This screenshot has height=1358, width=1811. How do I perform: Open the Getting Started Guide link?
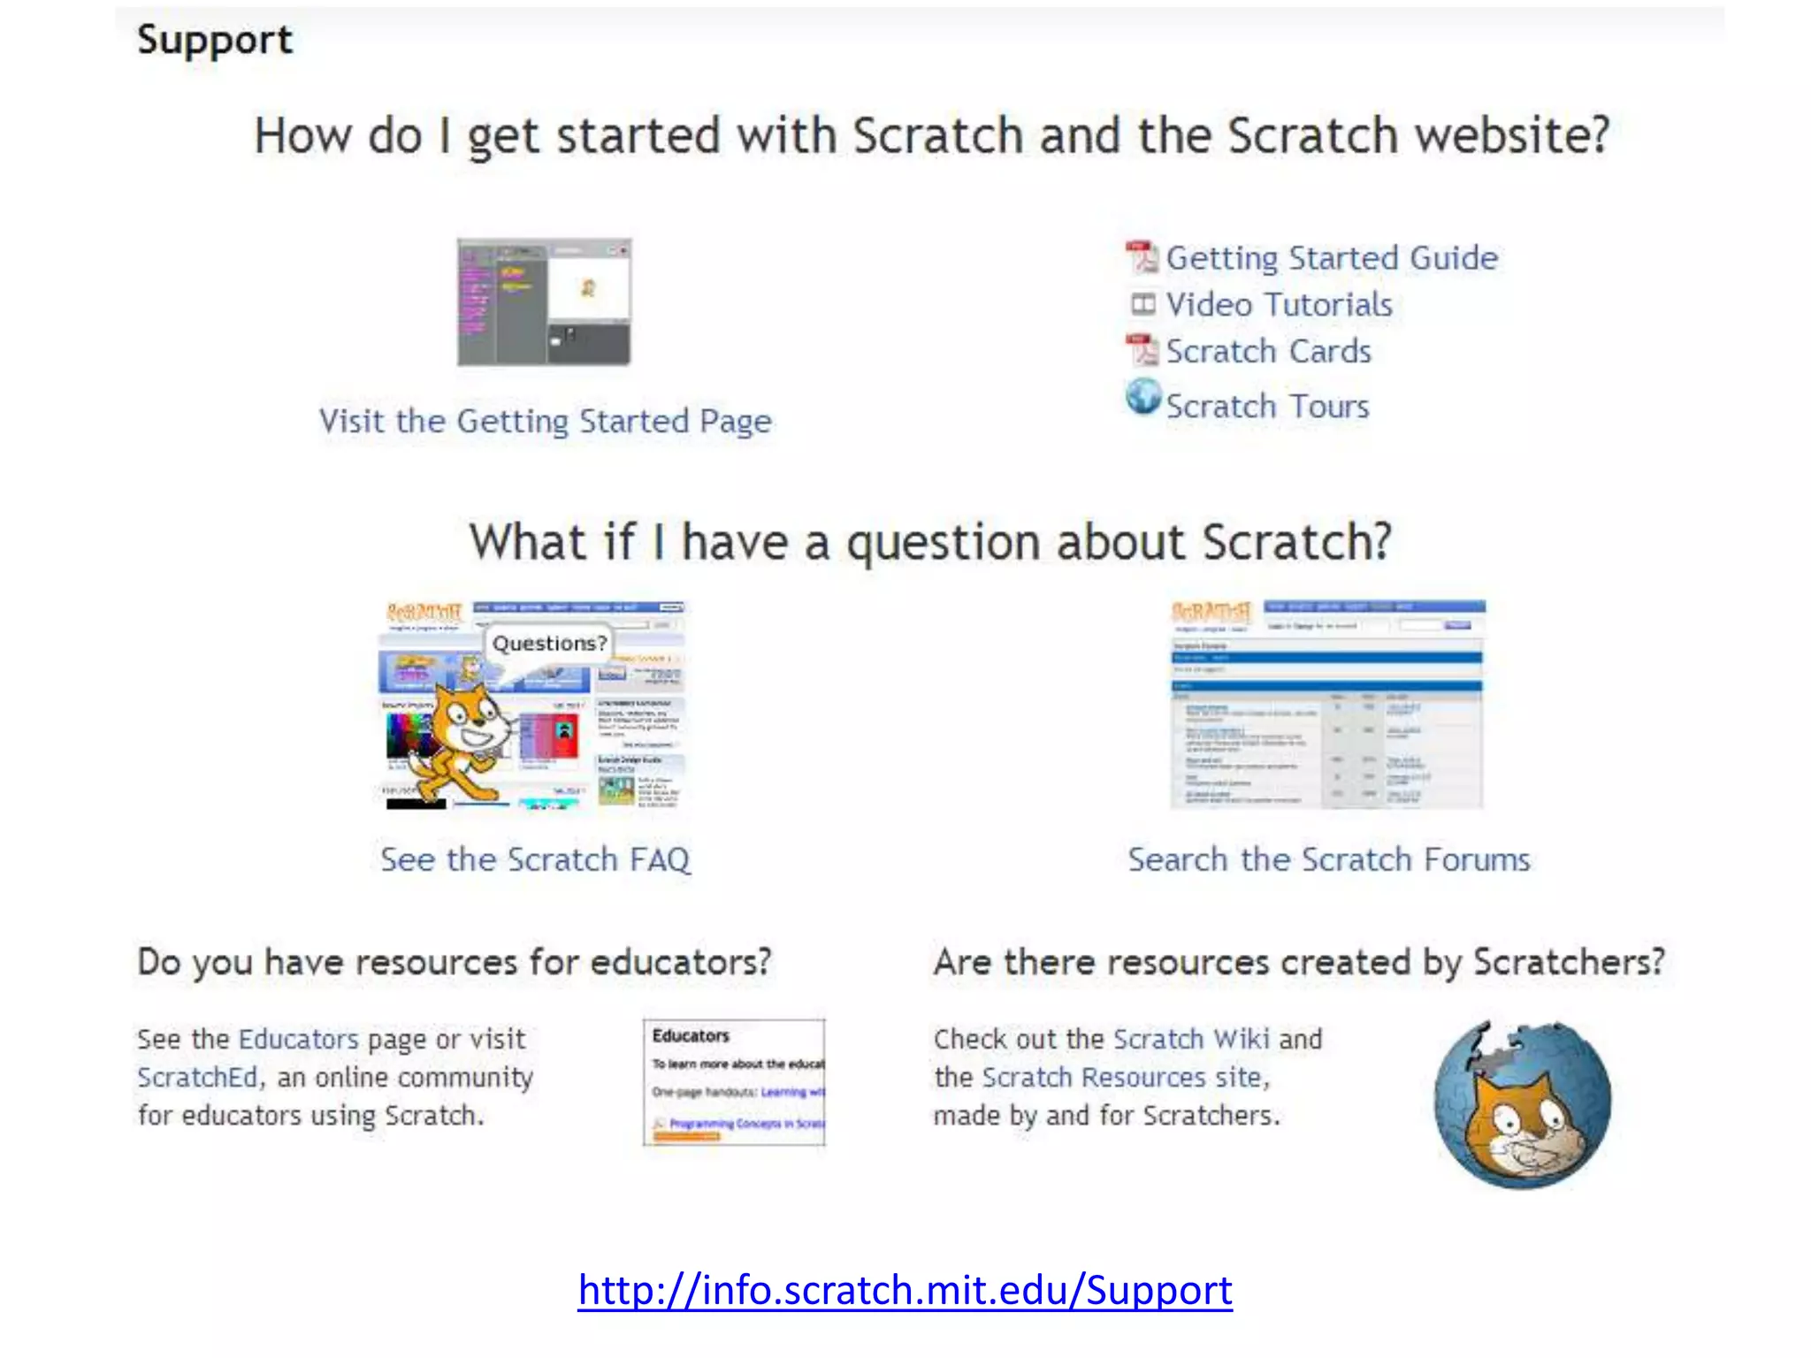[1331, 258]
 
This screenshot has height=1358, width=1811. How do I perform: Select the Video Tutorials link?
[1279, 305]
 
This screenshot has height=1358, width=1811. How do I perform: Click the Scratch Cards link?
[1268, 352]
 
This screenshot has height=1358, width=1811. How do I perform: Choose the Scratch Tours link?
[1267, 407]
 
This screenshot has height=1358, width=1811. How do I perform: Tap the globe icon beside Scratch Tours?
[1142, 397]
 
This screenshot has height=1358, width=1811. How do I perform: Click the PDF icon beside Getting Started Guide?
[1141, 256]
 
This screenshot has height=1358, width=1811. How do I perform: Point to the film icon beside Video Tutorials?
[1142, 305]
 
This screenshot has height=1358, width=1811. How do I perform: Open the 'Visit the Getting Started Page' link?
[545, 422]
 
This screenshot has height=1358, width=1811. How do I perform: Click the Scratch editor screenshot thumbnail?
[544, 301]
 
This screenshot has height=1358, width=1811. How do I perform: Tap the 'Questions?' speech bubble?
[549, 644]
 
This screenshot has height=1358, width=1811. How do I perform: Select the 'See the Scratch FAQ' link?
[535, 859]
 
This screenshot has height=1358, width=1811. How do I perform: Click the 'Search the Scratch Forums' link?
[1328, 859]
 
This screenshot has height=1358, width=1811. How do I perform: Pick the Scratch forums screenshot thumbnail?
[1327, 705]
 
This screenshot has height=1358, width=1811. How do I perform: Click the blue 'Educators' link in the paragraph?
[298, 1039]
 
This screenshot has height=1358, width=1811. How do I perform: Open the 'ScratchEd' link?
[196, 1078]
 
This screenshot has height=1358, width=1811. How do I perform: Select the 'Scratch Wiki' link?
[1191, 1039]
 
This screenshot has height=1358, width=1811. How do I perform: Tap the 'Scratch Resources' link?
[1094, 1078]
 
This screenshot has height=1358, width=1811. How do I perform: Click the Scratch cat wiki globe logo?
[1522, 1104]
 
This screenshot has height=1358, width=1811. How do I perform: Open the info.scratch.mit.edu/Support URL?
[905, 1290]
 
